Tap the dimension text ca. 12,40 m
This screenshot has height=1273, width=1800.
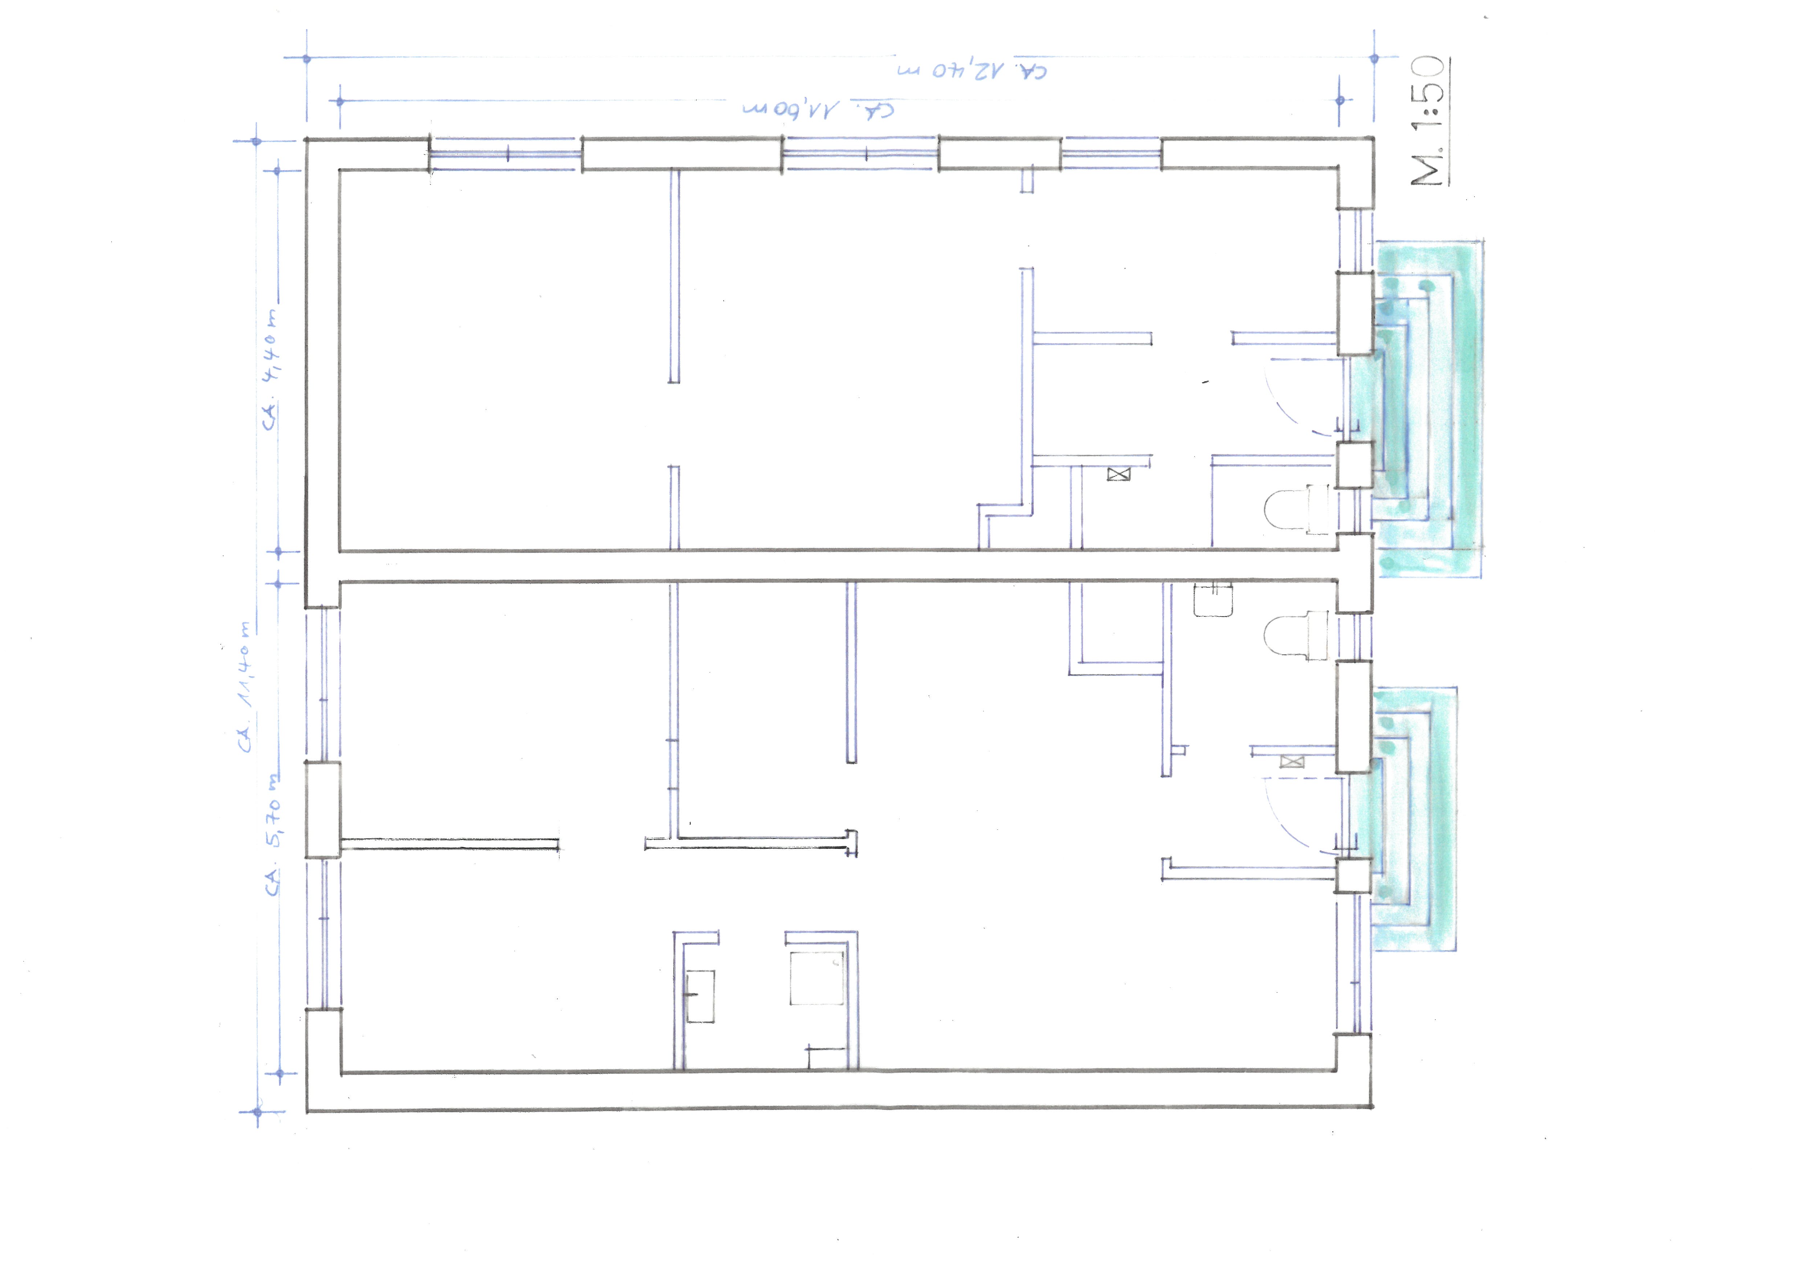point(972,70)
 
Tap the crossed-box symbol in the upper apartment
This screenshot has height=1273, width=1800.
point(1119,474)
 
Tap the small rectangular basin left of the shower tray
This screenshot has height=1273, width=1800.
point(700,996)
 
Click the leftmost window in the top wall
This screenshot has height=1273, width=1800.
point(506,154)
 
